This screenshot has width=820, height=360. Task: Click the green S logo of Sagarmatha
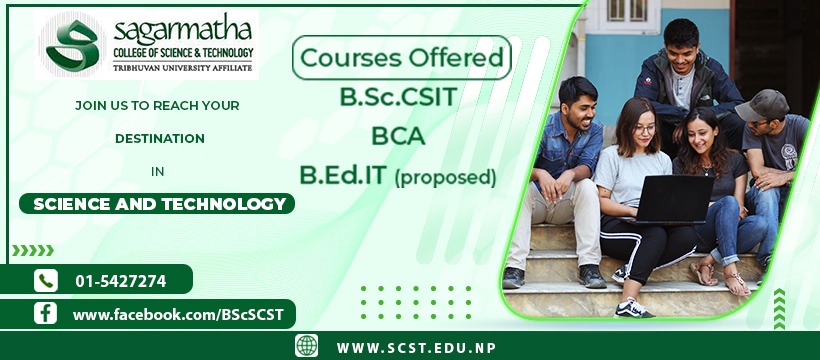click(72, 46)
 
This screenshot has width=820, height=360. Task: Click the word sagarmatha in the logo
click(183, 31)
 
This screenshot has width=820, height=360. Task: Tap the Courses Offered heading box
click(402, 58)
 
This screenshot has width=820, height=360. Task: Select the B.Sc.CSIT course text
click(398, 97)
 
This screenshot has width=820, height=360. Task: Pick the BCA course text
click(398, 136)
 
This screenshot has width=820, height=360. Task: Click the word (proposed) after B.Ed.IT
click(445, 177)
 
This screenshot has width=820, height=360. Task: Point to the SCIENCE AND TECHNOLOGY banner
click(157, 204)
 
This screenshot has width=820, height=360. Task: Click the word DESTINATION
click(160, 139)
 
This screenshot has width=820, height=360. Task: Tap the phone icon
click(46, 280)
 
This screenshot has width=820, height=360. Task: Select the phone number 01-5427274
click(121, 282)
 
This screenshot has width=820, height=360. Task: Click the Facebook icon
click(45, 313)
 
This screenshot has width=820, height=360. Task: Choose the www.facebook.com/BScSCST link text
click(178, 314)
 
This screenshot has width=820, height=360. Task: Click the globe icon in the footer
click(306, 346)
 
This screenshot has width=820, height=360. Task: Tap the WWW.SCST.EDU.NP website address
click(416, 348)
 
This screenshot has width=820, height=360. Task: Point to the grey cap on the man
click(761, 105)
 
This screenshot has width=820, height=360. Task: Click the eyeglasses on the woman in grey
click(644, 129)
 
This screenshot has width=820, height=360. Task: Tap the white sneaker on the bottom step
click(633, 308)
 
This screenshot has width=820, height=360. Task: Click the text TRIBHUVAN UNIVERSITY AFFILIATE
click(183, 68)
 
